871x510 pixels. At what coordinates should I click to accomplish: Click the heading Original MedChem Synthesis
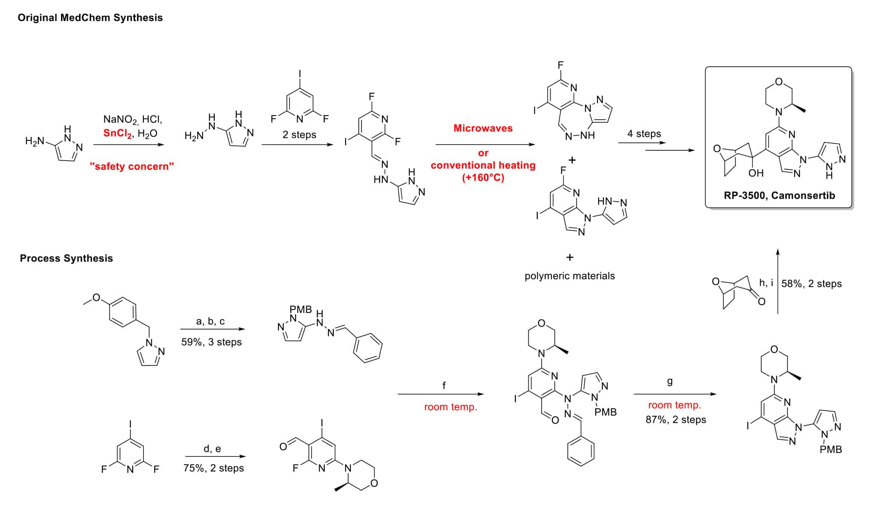90,18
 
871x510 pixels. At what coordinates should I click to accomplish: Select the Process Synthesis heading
66,258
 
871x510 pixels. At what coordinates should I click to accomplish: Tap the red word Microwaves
483,128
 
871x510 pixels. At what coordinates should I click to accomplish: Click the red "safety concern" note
131,166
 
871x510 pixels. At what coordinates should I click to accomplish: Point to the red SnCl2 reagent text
117,134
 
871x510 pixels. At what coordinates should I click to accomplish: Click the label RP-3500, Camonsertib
779,195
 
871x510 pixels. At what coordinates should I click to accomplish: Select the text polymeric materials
569,276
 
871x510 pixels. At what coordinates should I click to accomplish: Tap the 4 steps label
644,134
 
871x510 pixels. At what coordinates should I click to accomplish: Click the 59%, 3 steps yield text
211,342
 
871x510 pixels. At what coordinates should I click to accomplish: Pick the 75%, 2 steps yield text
213,468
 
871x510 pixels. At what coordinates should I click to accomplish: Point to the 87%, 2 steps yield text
676,419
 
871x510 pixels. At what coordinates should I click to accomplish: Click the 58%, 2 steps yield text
811,284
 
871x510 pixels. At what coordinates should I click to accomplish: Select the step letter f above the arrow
444,385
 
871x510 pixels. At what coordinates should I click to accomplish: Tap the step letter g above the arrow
670,381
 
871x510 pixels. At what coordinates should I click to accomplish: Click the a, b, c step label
210,321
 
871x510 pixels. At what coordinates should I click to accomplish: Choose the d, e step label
212,449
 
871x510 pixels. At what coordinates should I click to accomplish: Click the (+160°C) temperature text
483,177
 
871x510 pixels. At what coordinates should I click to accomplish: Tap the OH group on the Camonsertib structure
756,173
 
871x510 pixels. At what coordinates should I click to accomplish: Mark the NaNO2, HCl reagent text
133,119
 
